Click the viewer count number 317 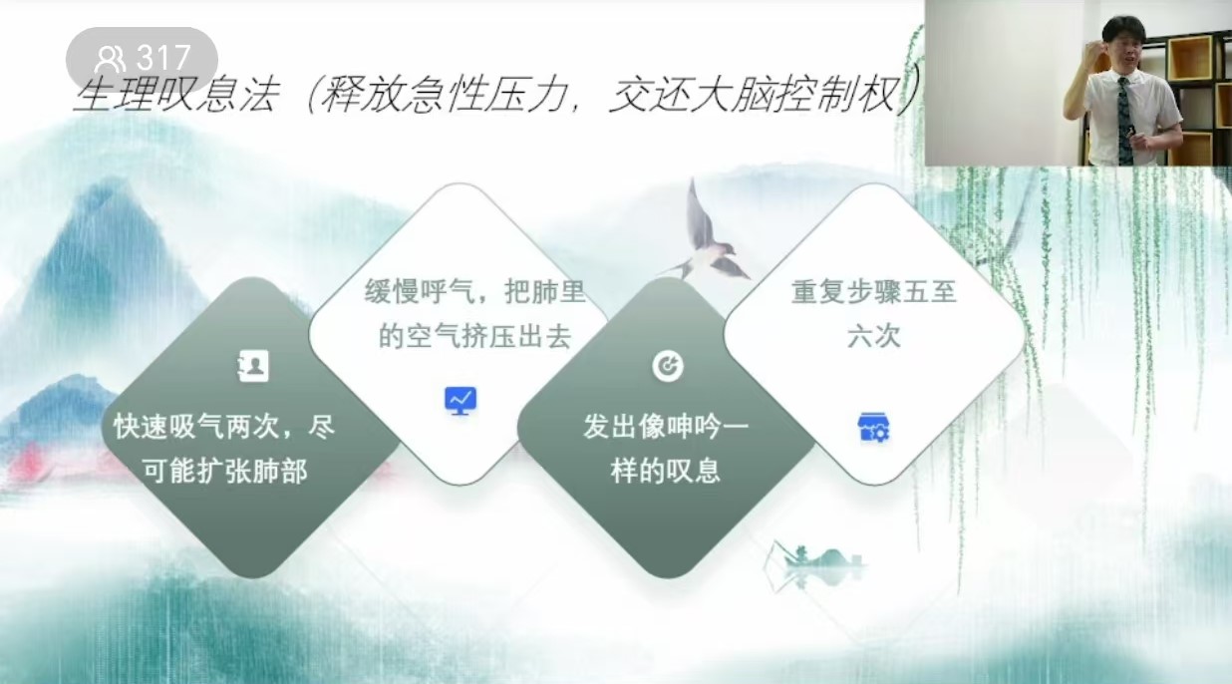[163, 57]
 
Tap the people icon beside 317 [110, 59]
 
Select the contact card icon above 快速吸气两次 [253, 365]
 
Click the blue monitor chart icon [461, 401]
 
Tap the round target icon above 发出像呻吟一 [668, 366]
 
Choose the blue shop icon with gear [874, 427]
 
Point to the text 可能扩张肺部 [225, 473]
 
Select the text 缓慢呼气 [420, 292]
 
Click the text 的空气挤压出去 [474, 337]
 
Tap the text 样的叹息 [666, 473]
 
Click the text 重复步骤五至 [874, 292]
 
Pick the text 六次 [874, 337]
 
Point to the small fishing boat [819, 558]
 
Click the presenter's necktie [1124, 121]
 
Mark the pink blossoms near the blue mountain [28, 461]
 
